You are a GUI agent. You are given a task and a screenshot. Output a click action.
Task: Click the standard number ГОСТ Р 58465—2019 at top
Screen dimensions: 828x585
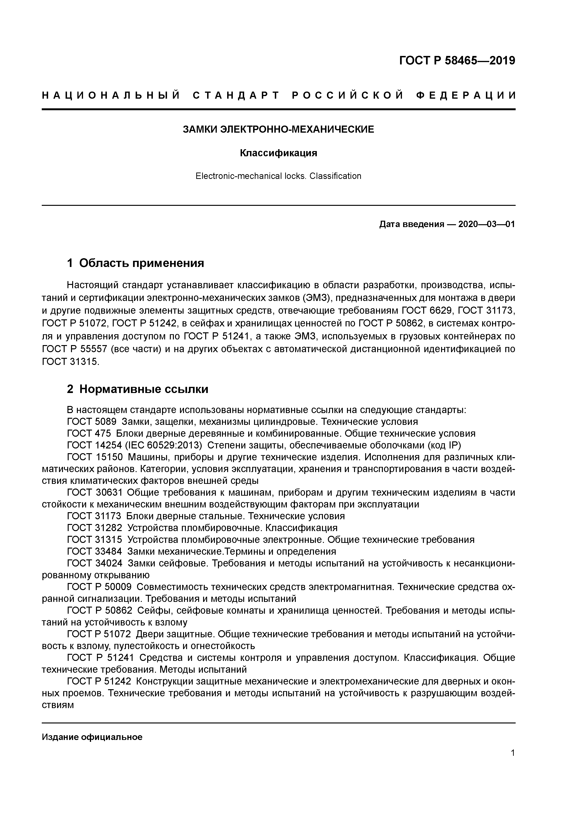pos(457,61)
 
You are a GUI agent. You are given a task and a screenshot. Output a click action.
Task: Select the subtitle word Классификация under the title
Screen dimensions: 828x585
pos(278,153)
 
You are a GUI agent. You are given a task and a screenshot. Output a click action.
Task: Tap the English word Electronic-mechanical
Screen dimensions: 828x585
pos(238,176)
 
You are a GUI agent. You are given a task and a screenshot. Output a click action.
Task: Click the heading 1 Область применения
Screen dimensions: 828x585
pos(136,263)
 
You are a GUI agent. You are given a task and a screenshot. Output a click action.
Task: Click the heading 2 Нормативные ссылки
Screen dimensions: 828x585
pos(138,389)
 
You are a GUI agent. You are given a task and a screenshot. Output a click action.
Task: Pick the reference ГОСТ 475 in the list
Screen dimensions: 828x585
pos(89,434)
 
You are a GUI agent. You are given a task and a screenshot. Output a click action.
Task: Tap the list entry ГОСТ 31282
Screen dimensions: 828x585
pos(94,528)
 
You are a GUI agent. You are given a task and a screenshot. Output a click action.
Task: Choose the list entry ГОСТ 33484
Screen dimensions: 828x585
pos(94,551)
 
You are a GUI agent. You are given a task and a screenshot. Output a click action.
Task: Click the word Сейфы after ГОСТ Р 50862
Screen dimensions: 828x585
pos(152,611)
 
